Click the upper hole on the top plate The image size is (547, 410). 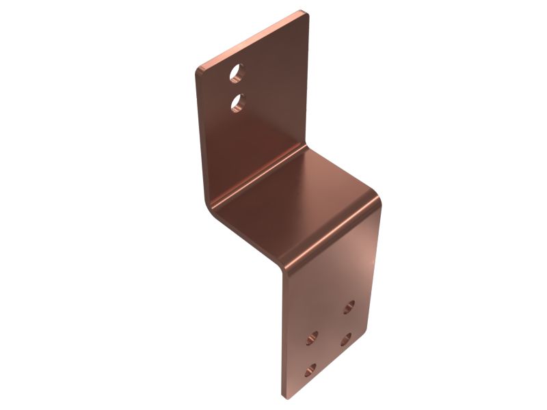pyautogui.click(x=236, y=70)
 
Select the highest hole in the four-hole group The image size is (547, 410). pyautogui.click(x=349, y=306)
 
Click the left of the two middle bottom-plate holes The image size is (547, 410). pyautogui.click(x=312, y=336)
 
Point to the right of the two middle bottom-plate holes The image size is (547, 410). pyautogui.click(x=347, y=338)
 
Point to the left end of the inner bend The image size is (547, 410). pyautogui.click(x=209, y=202)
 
